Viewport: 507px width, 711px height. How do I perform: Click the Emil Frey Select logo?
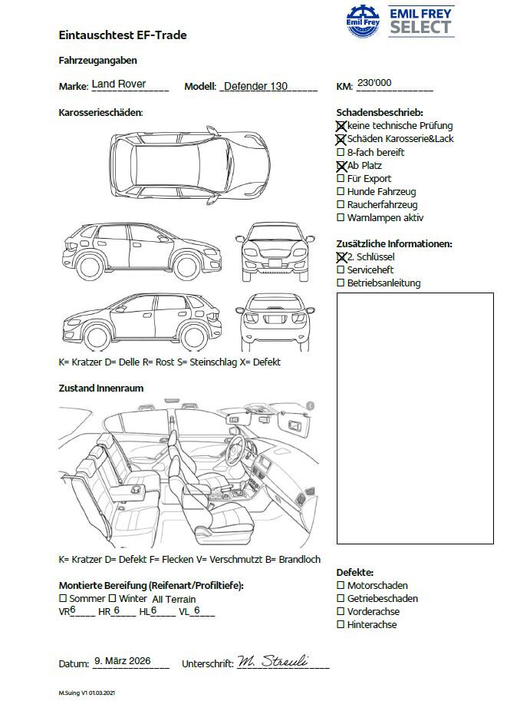pos(400,21)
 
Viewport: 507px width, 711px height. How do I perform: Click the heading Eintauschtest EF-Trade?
pos(123,35)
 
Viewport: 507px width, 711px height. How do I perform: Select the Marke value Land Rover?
pos(119,84)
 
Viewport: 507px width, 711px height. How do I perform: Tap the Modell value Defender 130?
pos(255,86)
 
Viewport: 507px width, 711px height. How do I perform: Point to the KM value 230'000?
pos(374,84)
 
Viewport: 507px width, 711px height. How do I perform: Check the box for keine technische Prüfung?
pos(341,126)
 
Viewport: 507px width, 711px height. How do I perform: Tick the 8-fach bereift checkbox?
pos(341,153)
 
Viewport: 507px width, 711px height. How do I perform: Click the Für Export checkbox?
pos(341,179)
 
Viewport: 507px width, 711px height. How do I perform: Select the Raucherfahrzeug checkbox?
pos(341,205)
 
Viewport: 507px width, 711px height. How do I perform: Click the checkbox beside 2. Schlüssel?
pos(341,257)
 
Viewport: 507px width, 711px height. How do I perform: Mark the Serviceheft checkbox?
pos(341,270)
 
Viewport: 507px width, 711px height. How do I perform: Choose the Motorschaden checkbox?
pos(341,586)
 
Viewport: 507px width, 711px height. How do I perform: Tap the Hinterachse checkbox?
pos(341,625)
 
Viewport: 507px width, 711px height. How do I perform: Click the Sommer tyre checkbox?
pos(63,598)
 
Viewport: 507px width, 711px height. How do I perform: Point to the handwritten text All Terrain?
pos(174,600)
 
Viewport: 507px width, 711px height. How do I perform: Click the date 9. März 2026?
pos(122,661)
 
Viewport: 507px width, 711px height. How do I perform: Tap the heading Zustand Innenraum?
pos(101,389)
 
